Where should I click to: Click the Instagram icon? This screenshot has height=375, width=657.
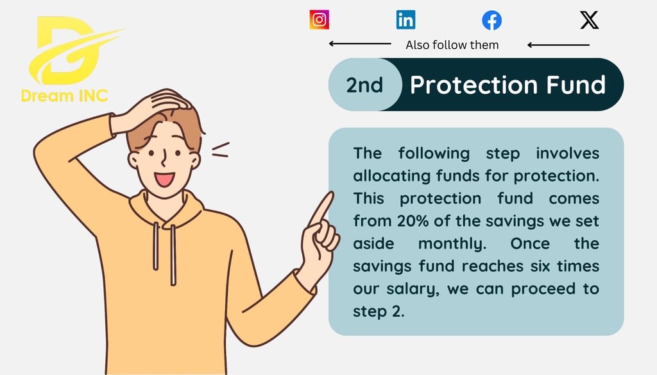click(x=320, y=20)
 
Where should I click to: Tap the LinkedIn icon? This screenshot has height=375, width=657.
click(x=405, y=20)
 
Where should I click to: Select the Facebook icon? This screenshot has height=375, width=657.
click(x=491, y=20)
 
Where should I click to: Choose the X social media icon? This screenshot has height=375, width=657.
click(x=590, y=20)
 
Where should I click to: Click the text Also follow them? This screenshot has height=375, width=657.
click(x=452, y=45)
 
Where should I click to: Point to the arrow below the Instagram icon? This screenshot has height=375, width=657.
click(x=360, y=44)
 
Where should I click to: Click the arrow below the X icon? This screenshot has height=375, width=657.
click(x=559, y=45)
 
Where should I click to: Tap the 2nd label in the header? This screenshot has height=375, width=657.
click(x=364, y=85)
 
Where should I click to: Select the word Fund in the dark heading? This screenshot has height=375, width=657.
click(x=576, y=85)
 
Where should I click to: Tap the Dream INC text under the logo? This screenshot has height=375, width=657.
click(x=65, y=96)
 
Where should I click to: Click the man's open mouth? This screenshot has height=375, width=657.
click(x=164, y=180)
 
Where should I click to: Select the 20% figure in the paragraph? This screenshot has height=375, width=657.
click(x=413, y=221)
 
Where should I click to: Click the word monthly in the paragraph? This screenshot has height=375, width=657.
click(x=452, y=244)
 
